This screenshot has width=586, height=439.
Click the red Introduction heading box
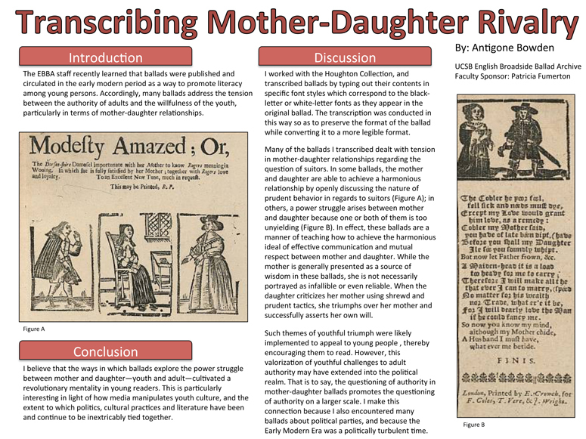(105, 57)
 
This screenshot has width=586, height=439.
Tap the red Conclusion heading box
(105, 352)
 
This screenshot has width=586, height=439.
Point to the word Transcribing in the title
(111, 23)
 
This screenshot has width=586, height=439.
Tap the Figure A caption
(35, 329)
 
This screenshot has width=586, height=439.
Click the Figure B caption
(474, 426)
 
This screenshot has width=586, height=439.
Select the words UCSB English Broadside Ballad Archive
(518, 67)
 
